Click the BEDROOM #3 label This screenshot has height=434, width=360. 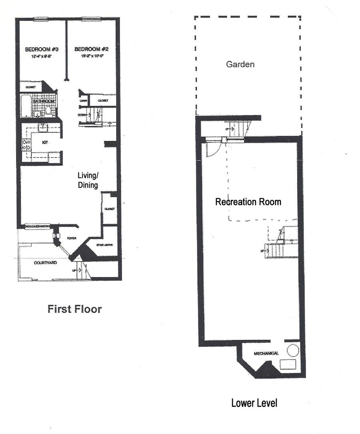(x=42, y=49)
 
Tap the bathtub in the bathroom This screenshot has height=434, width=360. (x=25, y=106)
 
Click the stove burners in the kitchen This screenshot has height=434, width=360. (x=26, y=145)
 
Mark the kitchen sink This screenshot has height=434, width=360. (x=42, y=128)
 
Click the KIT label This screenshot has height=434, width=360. (x=45, y=142)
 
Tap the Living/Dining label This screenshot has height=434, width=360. (x=88, y=180)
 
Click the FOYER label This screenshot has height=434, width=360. (x=72, y=238)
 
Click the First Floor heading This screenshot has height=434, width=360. (x=75, y=309)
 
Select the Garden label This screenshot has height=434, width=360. (x=240, y=64)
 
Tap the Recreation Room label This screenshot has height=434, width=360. (x=248, y=202)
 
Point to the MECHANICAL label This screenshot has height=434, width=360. (x=266, y=354)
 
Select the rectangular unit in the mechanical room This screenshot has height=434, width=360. (x=288, y=365)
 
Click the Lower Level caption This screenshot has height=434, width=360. (x=254, y=403)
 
